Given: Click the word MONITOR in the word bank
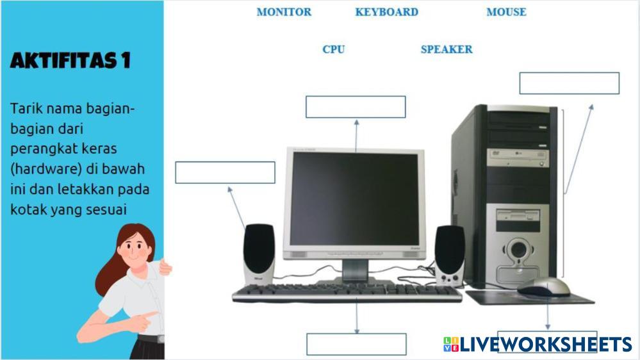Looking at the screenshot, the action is coord(284,12).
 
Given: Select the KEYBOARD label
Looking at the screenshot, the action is coord(386,12).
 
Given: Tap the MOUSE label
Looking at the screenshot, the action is coord(506,12).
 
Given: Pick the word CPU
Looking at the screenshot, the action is coord(333,49).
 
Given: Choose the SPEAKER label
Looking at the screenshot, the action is coord(447,49).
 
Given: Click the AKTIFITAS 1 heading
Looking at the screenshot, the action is coord(70,61).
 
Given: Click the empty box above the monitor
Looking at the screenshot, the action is coord(356,107).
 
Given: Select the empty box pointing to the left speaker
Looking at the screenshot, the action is coord(225,172).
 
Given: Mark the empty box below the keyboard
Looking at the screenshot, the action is coord(356,344).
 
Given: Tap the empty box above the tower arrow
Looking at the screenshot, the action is coord(569,83).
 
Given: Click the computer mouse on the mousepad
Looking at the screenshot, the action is coord(544,287).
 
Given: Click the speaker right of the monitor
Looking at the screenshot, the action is coord(450,254).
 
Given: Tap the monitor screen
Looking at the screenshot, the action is coord(354,199).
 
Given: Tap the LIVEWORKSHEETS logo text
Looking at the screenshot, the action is coord(545,345).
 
